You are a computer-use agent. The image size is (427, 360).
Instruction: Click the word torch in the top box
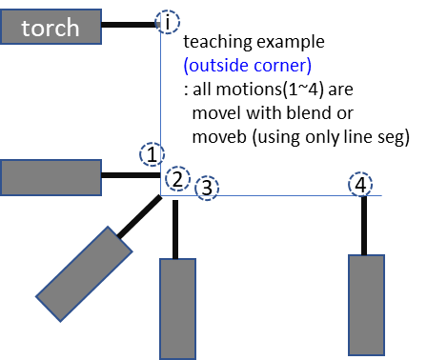tap(51, 28)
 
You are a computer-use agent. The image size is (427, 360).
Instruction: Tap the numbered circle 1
tap(152, 153)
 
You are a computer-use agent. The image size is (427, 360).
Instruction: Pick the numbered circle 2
tap(176, 178)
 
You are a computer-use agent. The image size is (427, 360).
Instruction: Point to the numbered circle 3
tap(207, 188)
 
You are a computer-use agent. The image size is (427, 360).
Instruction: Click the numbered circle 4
tap(359, 184)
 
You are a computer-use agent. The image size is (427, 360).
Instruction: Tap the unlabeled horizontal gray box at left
tap(51, 177)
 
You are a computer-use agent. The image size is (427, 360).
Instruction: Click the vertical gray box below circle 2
tap(177, 308)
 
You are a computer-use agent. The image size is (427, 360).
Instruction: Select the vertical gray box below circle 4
tap(366, 304)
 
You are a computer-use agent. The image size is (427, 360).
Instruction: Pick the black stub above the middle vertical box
tap(175, 229)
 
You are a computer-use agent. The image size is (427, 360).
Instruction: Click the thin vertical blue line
tap(160, 95)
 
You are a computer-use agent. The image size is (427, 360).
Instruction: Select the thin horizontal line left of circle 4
tap(276, 195)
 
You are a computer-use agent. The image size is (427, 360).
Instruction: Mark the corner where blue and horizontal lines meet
tap(160, 195)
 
